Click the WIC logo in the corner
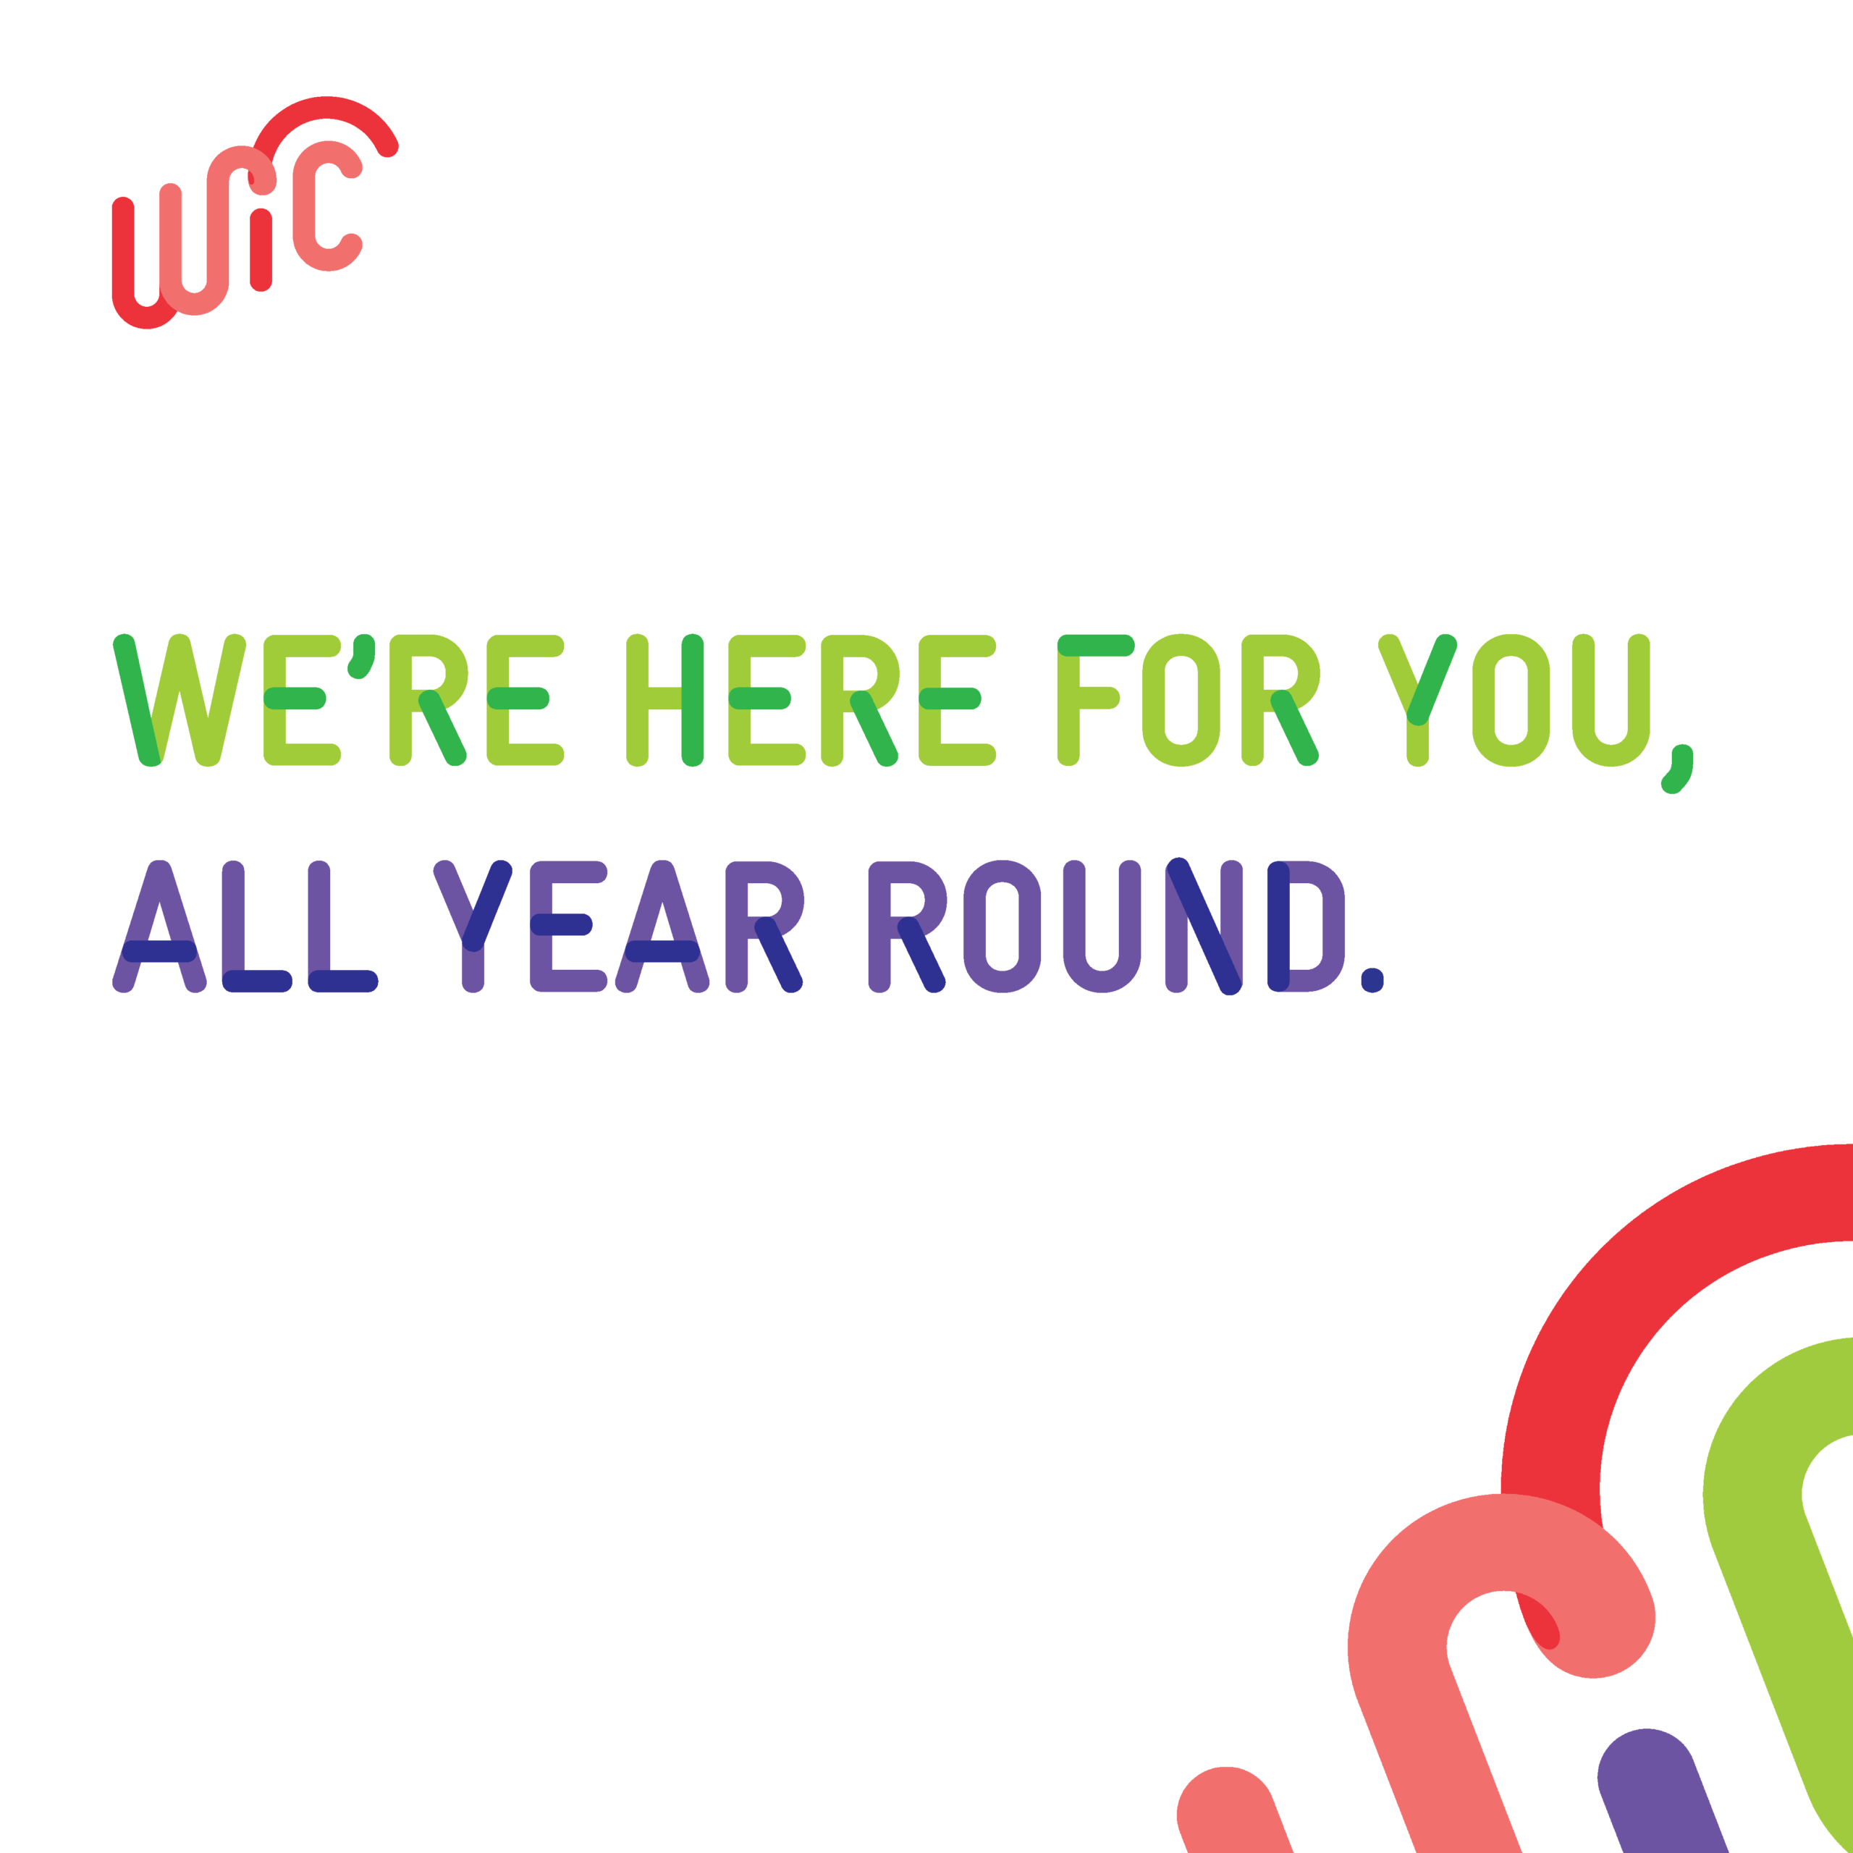tap(254, 212)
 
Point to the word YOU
tap(1514, 700)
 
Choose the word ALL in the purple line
tap(245, 926)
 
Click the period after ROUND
tap(1372, 980)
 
